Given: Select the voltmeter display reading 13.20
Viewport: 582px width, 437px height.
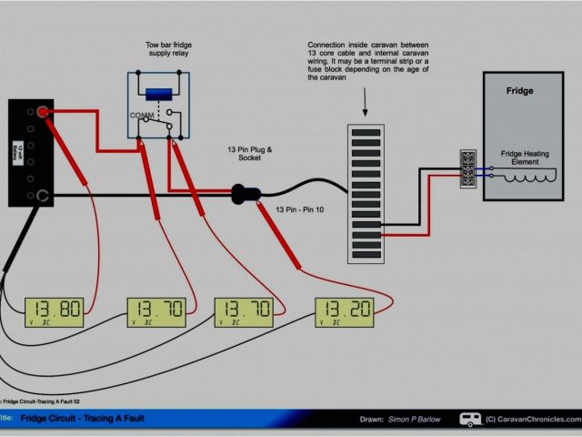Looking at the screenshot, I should [x=345, y=312].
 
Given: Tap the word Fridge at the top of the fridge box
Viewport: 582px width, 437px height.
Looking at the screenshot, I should [x=519, y=91].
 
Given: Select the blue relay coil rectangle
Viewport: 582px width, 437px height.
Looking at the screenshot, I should [x=160, y=95].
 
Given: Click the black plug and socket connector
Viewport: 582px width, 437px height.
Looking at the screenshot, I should [x=246, y=193].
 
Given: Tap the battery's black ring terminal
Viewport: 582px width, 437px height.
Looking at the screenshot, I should [x=42, y=195].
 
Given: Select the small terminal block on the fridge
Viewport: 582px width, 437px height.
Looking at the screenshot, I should [x=469, y=170].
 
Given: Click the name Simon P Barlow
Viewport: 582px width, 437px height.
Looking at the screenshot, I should [x=416, y=419].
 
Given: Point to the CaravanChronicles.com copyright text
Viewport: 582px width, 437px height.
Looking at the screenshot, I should [x=532, y=420].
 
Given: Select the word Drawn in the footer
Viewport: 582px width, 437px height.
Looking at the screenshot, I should [x=372, y=419].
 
